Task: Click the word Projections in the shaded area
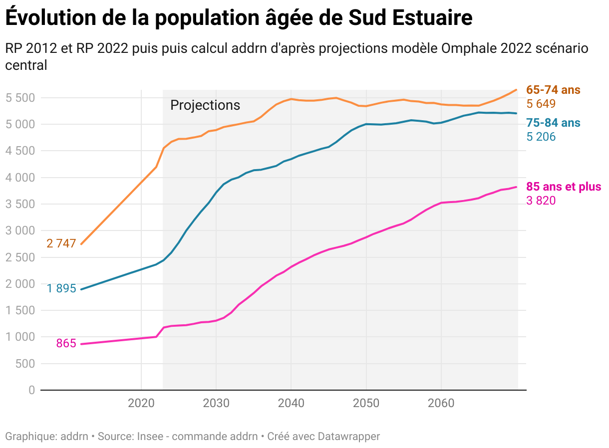pyautogui.click(x=205, y=105)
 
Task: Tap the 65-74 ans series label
pyautogui.click(x=553, y=90)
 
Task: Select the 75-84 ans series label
pyautogui.click(x=553, y=123)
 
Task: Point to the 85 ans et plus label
pyautogui.click(x=564, y=187)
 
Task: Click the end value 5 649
pyautogui.click(x=541, y=104)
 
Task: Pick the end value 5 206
pyautogui.click(x=541, y=137)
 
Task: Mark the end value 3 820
pyautogui.click(x=541, y=201)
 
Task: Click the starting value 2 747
pyautogui.click(x=61, y=243)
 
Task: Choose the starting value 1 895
pyautogui.click(x=61, y=288)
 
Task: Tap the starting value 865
pyautogui.click(x=66, y=343)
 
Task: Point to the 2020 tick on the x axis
pyautogui.click(x=141, y=403)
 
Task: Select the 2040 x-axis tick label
pyautogui.click(x=291, y=403)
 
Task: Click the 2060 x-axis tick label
pyautogui.click(x=441, y=403)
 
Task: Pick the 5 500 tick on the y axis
pyautogui.click(x=20, y=98)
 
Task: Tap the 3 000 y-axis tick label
pyautogui.click(x=20, y=230)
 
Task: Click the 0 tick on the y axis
pyautogui.click(x=31, y=390)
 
